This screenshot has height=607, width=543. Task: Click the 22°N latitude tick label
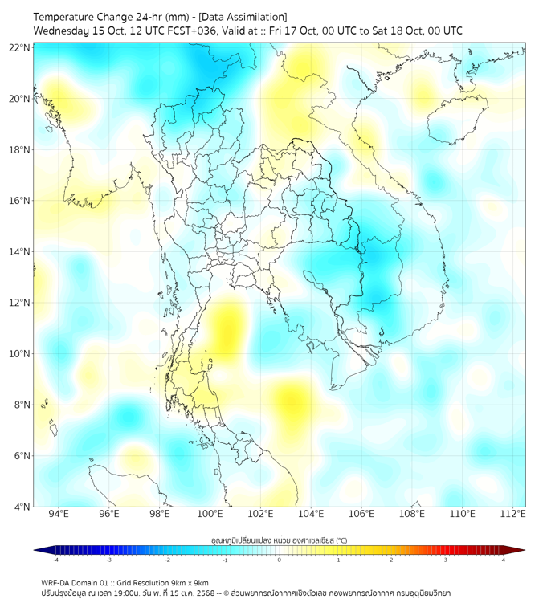20,48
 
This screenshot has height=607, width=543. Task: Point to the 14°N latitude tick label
20,252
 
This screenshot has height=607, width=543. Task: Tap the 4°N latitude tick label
22,507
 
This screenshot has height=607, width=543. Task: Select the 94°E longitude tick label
59,514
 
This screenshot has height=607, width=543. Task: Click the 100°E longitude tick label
210,514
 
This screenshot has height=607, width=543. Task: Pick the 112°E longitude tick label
513,514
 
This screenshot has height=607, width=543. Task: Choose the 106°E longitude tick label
361,514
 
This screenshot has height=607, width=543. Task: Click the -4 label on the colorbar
55,560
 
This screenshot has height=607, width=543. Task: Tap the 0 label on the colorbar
280,560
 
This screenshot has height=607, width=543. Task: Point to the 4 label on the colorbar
504,560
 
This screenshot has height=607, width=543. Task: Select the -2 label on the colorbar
167,560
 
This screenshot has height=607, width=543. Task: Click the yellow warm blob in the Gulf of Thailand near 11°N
229,325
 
